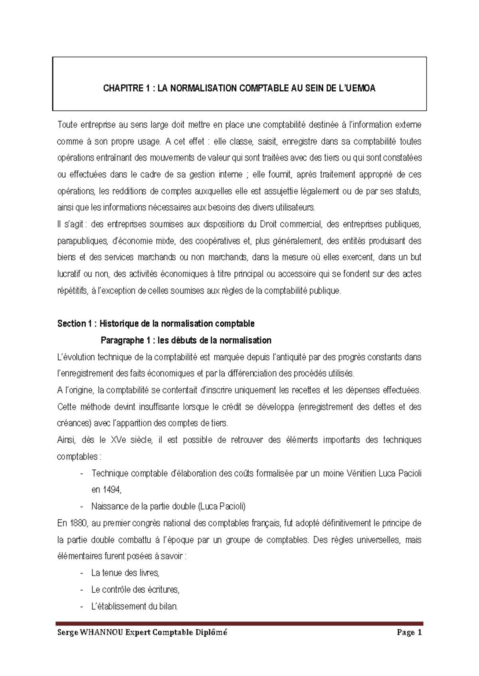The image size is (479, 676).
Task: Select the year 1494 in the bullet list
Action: [x=111, y=490]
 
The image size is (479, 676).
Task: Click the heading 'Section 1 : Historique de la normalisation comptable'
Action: [x=156, y=323]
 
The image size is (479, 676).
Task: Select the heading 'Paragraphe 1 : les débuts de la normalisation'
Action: [x=186, y=340]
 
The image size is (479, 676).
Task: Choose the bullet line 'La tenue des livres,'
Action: [x=125, y=573]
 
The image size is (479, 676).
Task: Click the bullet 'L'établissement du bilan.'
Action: [x=134, y=607]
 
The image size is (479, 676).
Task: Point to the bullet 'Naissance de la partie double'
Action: [x=168, y=507]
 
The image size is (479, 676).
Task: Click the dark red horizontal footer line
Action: [x=239, y=623]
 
